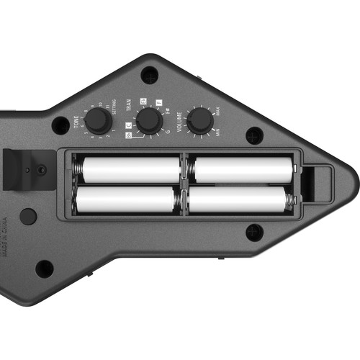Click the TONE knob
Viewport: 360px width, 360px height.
point(98,121)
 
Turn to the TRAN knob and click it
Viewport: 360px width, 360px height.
point(148,120)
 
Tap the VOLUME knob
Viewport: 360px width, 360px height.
point(199,120)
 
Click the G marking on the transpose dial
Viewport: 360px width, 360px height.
point(167,132)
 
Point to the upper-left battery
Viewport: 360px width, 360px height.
point(130,170)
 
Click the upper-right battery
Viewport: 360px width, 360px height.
point(243,170)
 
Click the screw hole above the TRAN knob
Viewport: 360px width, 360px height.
point(149,73)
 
